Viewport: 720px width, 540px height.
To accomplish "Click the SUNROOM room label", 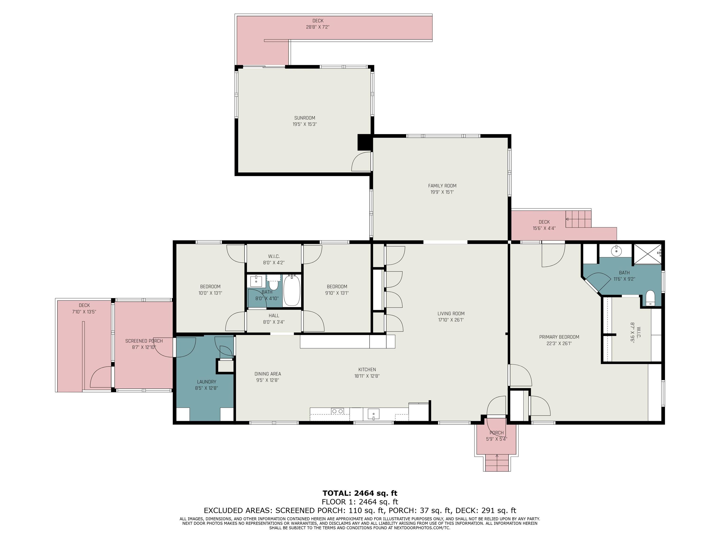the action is pyautogui.click(x=305, y=118).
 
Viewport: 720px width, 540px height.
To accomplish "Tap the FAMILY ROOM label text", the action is pyautogui.click(x=442, y=186).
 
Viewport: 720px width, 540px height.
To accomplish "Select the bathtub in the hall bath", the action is pyautogui.click(x=292, y=290).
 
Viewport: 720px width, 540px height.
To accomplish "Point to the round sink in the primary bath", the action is pyautogui.click(x=616, y=251).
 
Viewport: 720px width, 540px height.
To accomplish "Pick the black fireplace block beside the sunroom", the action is pyautogui.click(x=364, y=142).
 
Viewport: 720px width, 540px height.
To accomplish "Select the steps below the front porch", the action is pyautogui.click(x=497, y=462).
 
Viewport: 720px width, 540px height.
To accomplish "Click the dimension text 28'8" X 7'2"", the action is pyautogui.click(x=318, y=27).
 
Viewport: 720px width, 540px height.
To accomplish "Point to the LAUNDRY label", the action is pyautogui.click(x=206, y=382).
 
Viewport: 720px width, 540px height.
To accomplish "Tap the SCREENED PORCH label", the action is pyautogui.click(x=144, y=341).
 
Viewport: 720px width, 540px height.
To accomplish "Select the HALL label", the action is pyautogui.click(x=274, y=315).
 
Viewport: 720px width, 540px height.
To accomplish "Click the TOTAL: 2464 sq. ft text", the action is pyautogui.click(x=360, y=493).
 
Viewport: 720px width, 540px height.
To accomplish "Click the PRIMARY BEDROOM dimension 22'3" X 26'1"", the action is pyautogui.click(x=559, y=343).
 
